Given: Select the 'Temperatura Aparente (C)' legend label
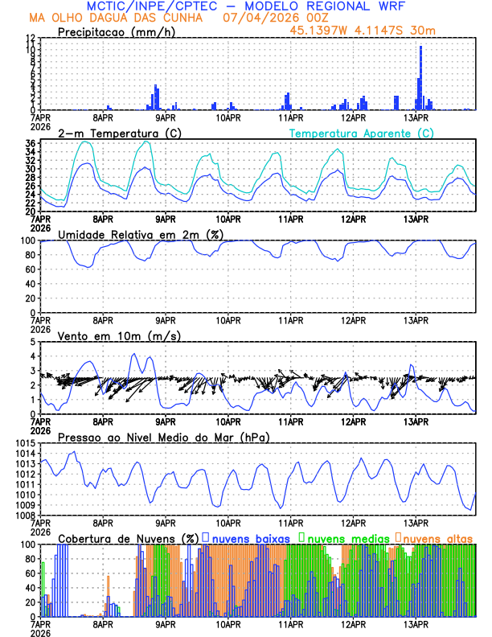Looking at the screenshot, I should click(x=362, y=133).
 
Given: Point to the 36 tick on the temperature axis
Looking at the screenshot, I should click(x=30, y=144).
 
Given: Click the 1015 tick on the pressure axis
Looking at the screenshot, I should click(x=23, y=443).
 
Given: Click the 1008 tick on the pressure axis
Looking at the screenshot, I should click(x=23, y=515).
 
